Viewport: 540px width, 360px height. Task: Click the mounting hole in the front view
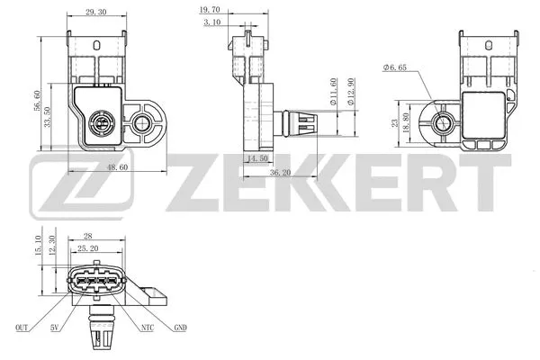click(141, 121)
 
